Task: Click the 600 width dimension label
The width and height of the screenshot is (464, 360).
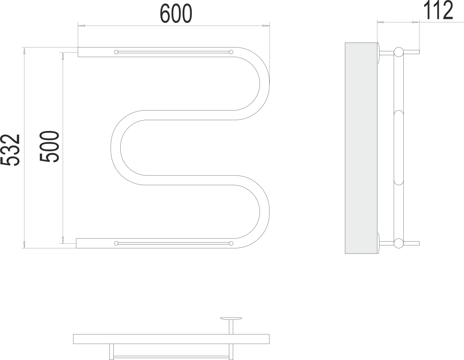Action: point(176,14)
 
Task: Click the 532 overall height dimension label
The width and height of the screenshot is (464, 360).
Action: point(10,150)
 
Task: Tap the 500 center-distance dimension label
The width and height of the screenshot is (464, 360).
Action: point(49,146)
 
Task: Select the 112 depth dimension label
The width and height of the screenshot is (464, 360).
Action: point(438,11)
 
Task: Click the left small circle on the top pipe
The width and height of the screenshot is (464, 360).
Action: point(116,52)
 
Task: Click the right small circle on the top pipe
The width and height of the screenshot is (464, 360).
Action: point(231,52)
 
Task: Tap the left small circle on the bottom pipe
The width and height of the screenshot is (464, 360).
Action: point(116,243)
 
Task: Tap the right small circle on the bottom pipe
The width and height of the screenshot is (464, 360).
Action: point(231,243)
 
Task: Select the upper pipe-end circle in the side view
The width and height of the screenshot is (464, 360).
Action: point(398,52)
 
